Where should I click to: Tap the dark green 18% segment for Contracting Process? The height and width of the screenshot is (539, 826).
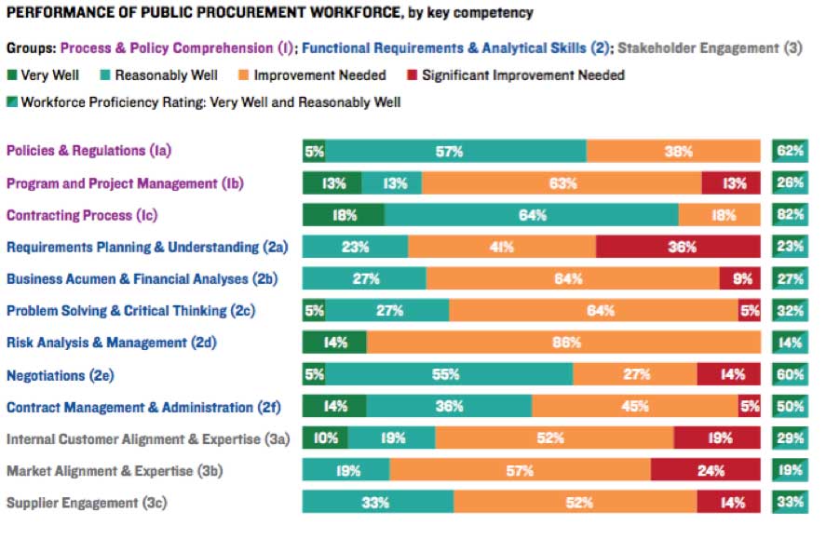pos(343,215)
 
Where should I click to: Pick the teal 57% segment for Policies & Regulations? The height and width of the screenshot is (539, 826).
pos(456,152)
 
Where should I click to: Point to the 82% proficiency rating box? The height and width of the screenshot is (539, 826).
pos(790,215)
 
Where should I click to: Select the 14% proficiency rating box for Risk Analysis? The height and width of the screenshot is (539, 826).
pos(790,342)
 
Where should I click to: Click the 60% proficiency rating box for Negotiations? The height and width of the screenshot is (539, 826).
pos(790,374)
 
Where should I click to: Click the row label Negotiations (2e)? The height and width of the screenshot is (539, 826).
pos(65,375)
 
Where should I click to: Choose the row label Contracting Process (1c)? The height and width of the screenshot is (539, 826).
pos(82,215)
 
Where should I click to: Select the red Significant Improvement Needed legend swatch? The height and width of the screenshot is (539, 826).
pos(413,75)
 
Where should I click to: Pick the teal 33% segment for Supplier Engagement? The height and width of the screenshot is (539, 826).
pos(378,503)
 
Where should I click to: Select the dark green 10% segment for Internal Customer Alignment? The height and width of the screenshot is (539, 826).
pos(325,438)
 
